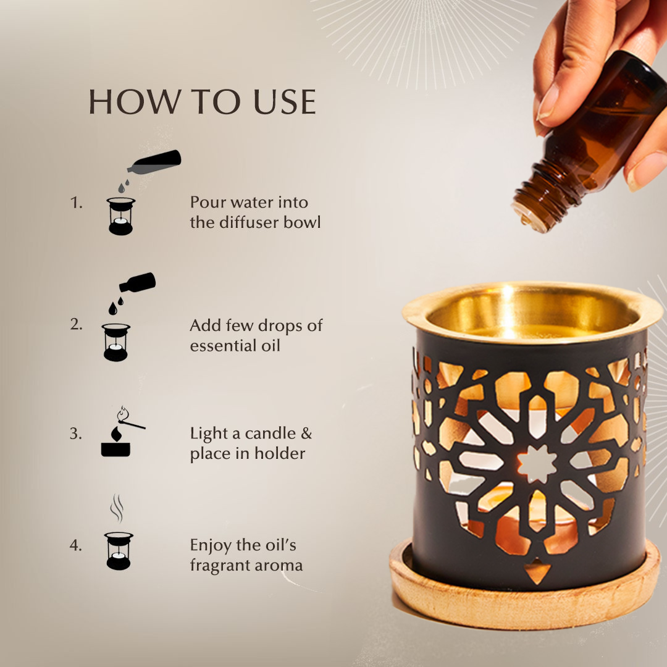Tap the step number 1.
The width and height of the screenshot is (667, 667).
(x=76, y=203)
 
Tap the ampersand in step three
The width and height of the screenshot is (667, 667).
(x=306, y=434)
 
